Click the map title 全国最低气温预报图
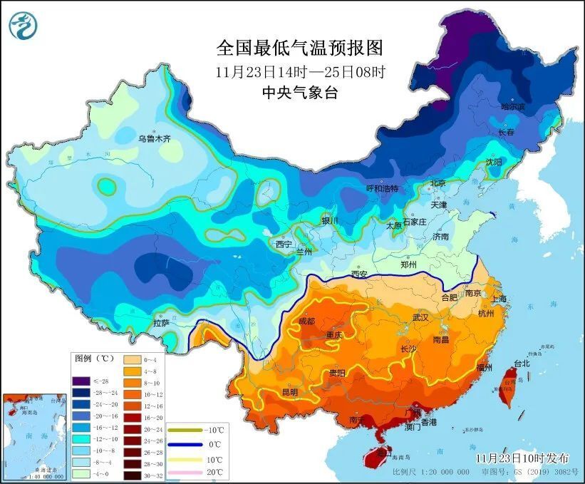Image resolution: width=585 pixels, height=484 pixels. point(300,48)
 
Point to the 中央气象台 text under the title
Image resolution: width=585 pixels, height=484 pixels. point(299,91)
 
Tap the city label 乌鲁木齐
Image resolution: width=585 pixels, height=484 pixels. point(155,138)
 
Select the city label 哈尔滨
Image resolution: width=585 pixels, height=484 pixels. point(512,106)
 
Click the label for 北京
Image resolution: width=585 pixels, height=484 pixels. point(437,183)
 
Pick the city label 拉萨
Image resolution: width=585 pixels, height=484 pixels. point(161,323)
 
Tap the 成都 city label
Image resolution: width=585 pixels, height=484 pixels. point(306,321)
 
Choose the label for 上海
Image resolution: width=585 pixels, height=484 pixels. point(498,299)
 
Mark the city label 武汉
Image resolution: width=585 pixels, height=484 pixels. point(422,317)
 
